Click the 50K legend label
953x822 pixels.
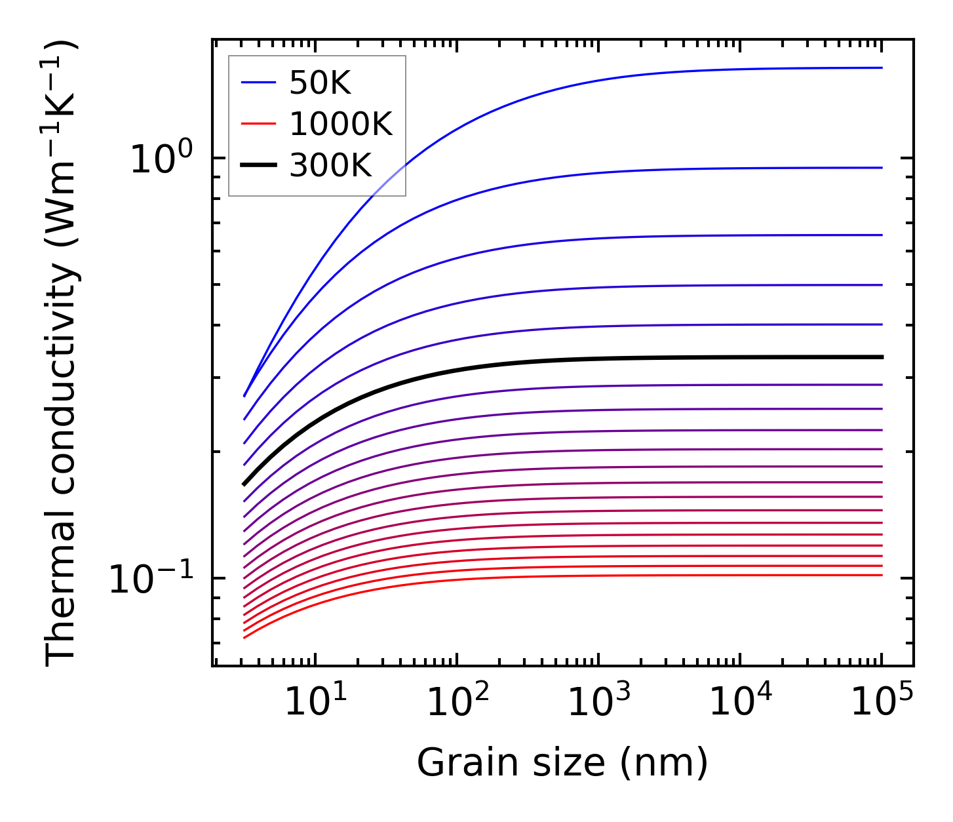pyautogui.click(x=321, y=83)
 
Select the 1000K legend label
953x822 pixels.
pyautogui.click(x=341, y=125)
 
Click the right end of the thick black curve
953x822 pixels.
pyautogui.click(x=882, y=357)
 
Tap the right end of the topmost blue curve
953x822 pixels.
pyautogui.click(x=882, y=68)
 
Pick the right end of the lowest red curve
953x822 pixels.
pyautogui.click(x=882, y=575)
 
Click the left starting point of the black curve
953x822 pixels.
pyautogui.click(x=244, y=484)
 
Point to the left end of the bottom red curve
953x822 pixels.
pyautogui.click(x=244, y=637)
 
